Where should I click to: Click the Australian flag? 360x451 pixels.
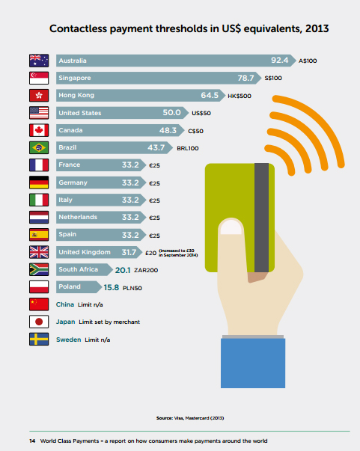38,61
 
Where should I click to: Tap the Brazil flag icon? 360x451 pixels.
38,147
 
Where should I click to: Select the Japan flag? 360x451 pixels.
38,322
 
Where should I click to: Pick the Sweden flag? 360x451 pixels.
38,339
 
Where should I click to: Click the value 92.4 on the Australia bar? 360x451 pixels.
281,60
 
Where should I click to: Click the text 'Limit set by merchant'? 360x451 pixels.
109,322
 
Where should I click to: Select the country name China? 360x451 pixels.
66,304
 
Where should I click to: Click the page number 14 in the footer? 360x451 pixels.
22,441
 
